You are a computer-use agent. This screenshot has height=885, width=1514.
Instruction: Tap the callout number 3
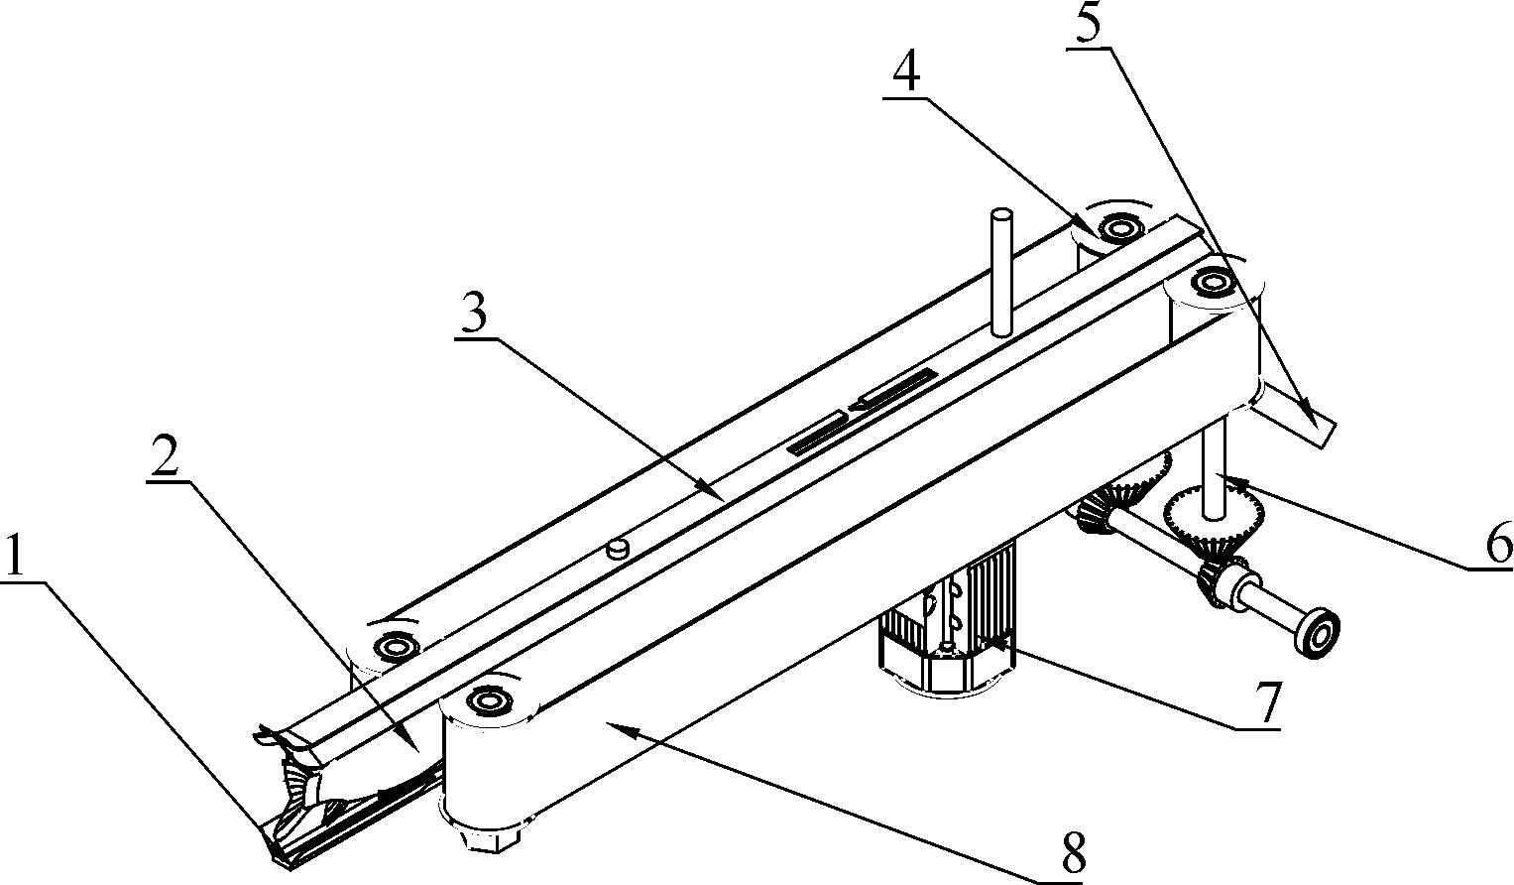[475, 315]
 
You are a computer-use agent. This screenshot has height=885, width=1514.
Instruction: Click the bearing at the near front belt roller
[486, 703]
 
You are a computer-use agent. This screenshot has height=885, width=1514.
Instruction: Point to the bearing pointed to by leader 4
[1118, 229]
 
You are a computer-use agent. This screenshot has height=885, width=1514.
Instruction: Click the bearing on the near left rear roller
[395, 648]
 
